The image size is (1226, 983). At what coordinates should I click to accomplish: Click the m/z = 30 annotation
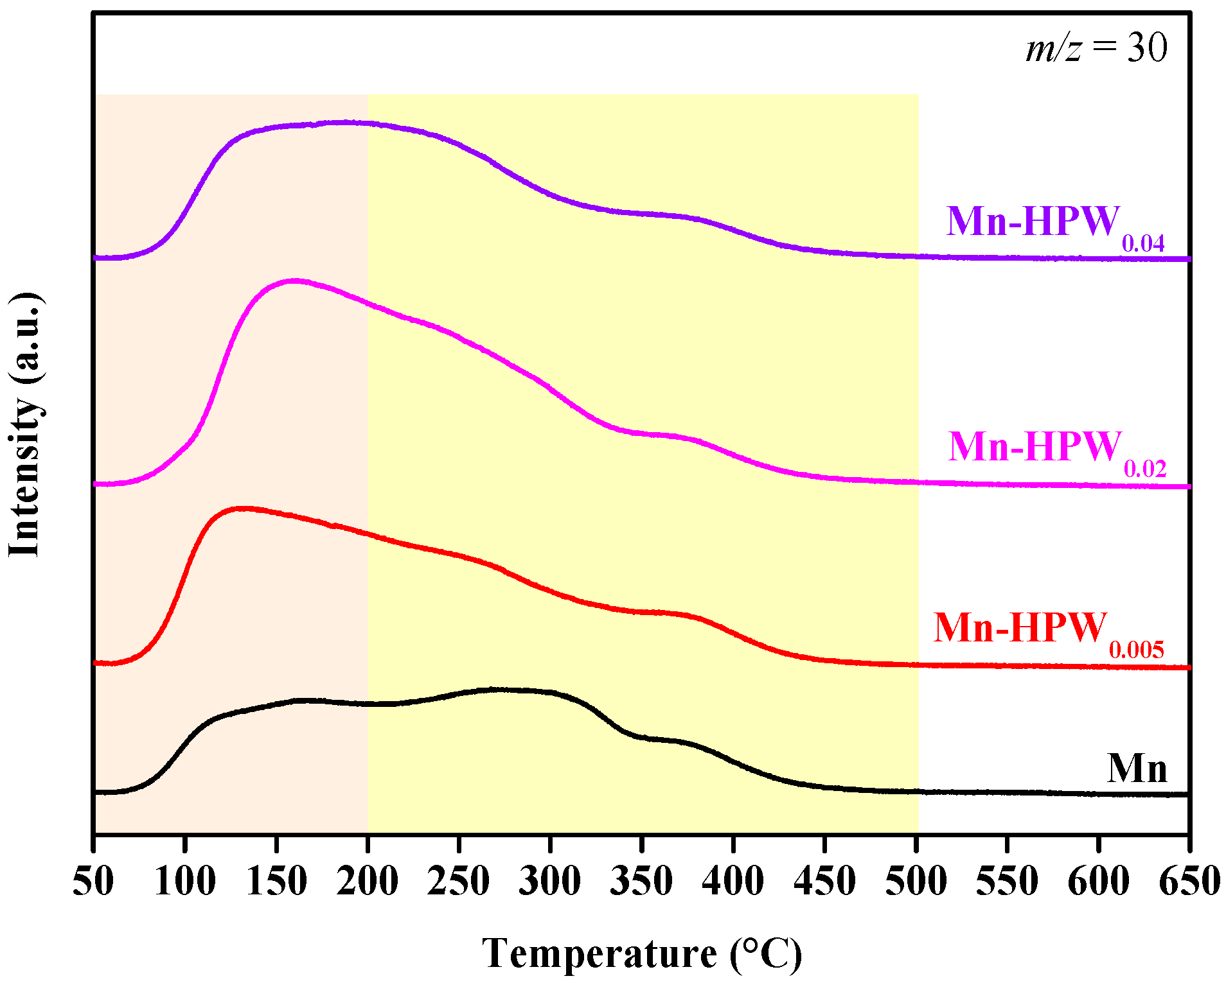point(1096,48)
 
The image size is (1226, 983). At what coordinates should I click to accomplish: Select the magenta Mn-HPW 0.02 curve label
point(1056,451)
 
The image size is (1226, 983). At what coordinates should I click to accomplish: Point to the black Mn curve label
point(1137,768)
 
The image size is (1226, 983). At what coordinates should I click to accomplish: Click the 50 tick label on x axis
point(93,882)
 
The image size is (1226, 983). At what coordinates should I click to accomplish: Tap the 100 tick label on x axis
point(185,882)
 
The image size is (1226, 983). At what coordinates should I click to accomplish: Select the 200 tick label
point(368,882)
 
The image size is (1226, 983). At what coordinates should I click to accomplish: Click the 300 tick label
point(550,882)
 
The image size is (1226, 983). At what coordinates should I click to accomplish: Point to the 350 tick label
point(641,882)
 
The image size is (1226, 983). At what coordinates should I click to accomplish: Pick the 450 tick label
point(824,882)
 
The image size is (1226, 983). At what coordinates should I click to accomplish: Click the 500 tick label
point(916,882)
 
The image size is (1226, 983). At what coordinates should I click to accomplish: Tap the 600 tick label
point(1098,882)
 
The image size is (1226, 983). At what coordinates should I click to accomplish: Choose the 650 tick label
point(1189,882)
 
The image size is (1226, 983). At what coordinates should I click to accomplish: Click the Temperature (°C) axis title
point(642,954)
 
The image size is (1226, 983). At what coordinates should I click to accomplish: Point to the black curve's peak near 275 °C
point(495,690)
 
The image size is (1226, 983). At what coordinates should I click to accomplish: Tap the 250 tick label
point(459,882)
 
